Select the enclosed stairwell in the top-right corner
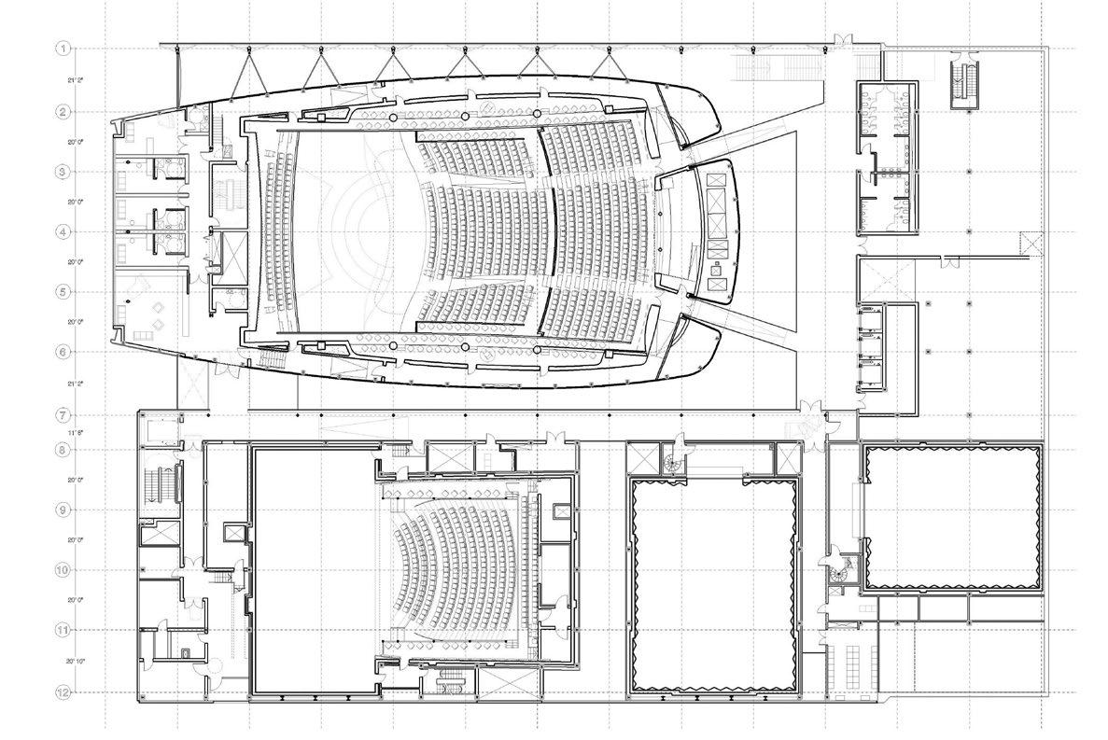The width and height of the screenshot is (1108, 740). pyautogui.click(x=963, y=83)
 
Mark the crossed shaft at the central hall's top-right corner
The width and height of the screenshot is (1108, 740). pyautogui.click(x=786, y=458)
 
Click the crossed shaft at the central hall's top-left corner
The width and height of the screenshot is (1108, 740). pyautogui.click(x=643, y=458)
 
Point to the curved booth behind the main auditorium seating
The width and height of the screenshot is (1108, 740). pyautogui.click(x=716, y=230)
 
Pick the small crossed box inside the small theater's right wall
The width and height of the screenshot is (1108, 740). pyautogui.click(x=561, y=510)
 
